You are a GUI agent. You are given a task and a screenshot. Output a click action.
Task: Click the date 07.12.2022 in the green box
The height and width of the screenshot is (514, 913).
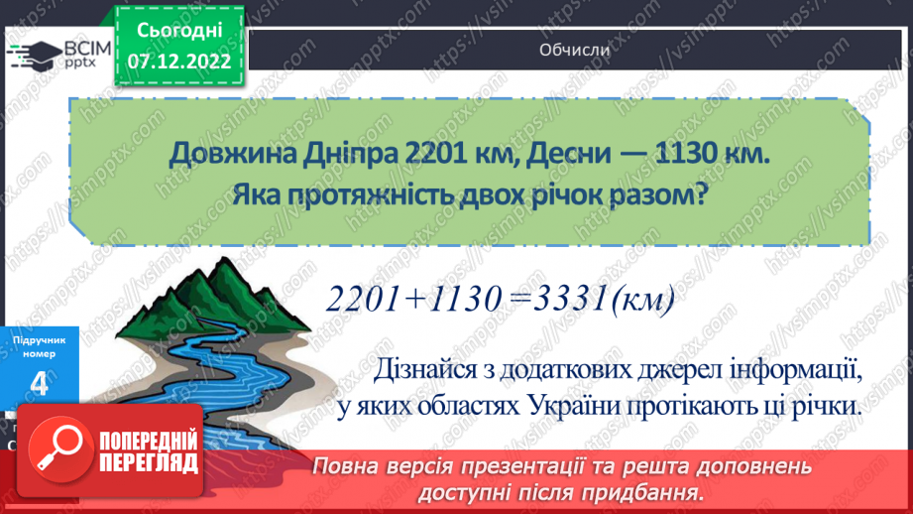point(179,62)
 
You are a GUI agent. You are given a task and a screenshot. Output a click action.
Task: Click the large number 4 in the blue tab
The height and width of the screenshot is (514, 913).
point(40,386)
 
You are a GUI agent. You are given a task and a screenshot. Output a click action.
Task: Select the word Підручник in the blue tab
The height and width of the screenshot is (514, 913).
point(40,339)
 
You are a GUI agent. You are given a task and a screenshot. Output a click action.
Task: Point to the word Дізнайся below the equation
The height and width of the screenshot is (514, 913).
point(426,369)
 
